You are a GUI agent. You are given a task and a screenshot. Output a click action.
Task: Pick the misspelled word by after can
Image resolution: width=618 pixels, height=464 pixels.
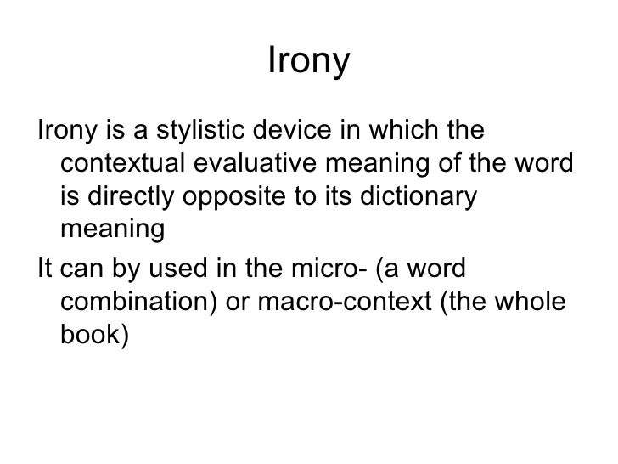pos(115,271)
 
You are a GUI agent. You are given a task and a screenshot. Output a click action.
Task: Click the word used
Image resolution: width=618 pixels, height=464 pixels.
pos(166,271)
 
